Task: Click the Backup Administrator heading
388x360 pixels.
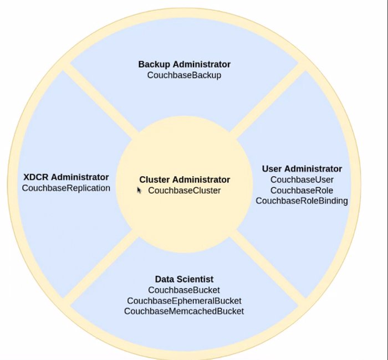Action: [185, 64]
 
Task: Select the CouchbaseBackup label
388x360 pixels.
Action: [184, 75]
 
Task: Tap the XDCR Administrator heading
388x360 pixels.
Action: [66, 177]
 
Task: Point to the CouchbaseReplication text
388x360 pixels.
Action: [66, 188]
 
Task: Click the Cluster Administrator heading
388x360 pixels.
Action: [185, 179]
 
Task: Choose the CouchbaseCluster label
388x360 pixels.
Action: [185, 191]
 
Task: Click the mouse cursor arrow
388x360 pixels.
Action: [139, 190]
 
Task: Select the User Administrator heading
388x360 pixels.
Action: [302, 169]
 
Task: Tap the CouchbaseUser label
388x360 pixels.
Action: [302, 180]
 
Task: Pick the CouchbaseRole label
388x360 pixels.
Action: [302, 191]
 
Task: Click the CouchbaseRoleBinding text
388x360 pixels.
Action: [302, 200]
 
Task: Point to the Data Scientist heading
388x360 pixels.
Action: [184, 279]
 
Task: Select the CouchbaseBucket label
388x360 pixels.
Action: [184, 290]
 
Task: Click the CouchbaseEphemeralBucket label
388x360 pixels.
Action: [184, 301]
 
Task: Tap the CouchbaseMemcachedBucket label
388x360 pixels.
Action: [184, 311]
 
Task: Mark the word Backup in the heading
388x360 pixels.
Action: [154, 64]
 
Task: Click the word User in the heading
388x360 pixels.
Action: [272, 169]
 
